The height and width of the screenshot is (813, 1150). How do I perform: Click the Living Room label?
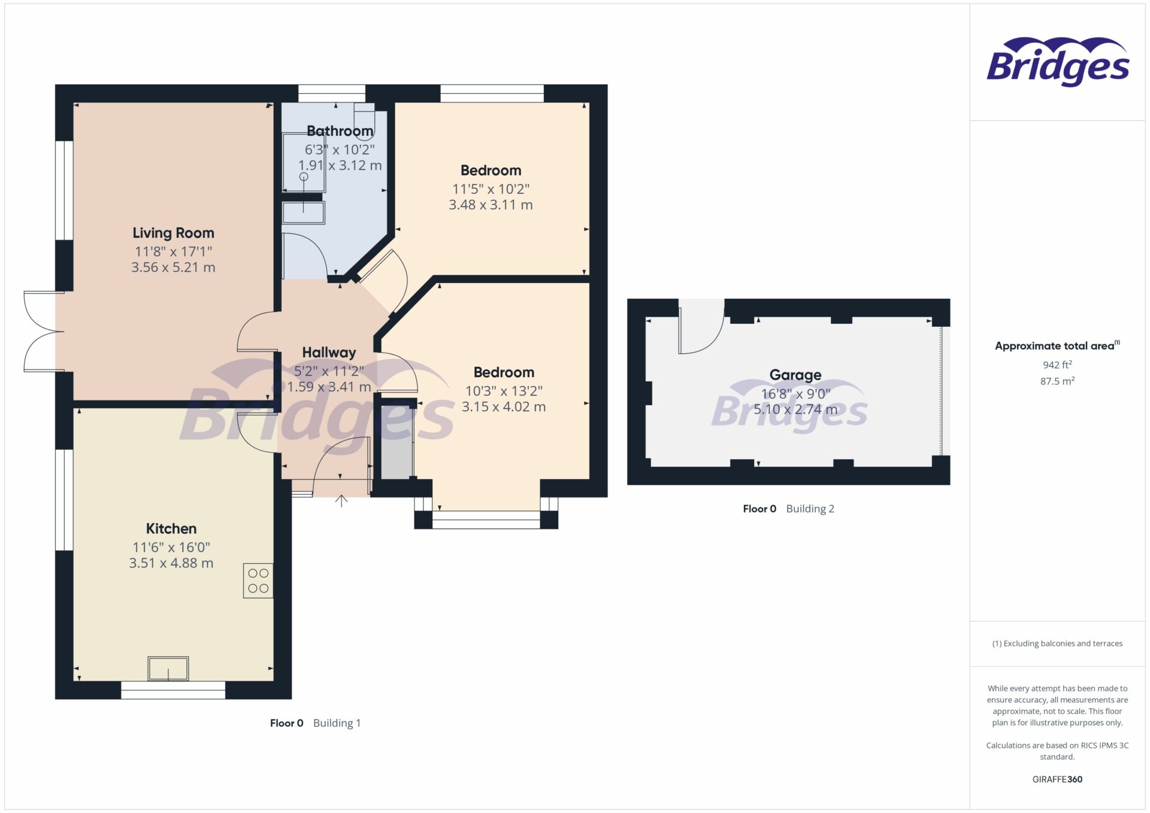[x=173, y=233]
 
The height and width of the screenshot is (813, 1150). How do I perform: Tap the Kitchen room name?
[x=171, y=529]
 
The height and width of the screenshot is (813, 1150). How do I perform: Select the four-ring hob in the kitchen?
[x=258, y=581]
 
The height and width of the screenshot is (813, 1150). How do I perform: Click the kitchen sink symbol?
[x=168, y=669]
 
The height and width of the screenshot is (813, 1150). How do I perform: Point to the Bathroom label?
[x=340, y=131]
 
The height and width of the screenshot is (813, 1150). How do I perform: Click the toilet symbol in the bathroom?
[x=364, y=121]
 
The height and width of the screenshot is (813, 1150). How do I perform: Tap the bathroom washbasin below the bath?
[x=304, y=213]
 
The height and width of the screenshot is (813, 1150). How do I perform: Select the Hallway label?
[x=329, y=353]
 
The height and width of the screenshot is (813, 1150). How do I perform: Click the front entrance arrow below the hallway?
[x=341, y=501]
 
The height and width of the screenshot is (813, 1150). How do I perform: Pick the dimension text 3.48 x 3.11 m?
[x=491, y=205]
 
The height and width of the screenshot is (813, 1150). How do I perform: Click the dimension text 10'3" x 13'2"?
[x=504, y=391]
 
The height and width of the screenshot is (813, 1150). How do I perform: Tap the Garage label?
[x=795, y=375]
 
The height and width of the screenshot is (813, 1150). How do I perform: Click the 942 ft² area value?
[x=1057, y=365]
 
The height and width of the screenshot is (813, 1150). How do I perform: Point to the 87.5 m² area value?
[x=1057, y=381]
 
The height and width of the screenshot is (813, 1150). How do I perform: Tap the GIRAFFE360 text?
[x=1057, y=779]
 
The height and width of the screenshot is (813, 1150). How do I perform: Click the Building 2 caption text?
[x=810, y=509]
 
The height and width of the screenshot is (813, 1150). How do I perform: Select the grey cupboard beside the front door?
[x=396, y=443]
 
